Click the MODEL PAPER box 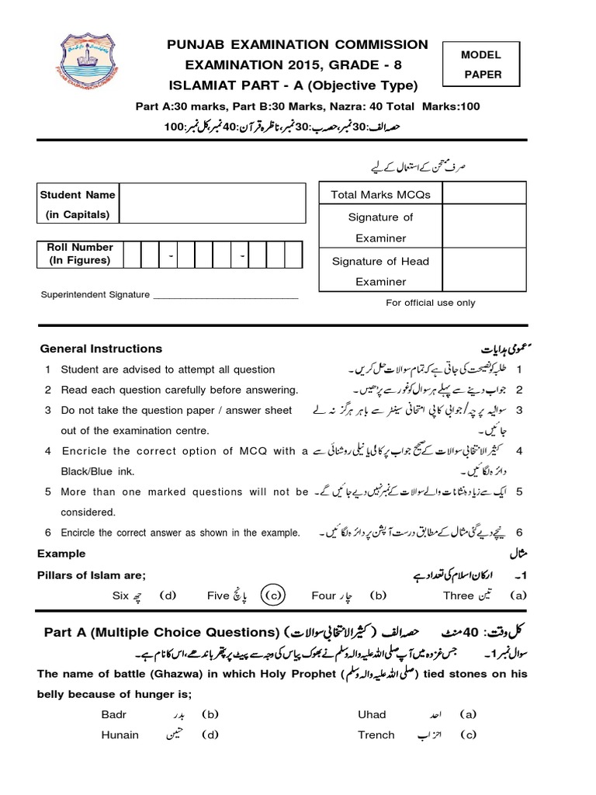tap(481, 65)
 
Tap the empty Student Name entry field tap(211, 204)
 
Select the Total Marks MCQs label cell tap(380, 194)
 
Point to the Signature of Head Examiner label tap(380, 271)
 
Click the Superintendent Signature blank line tap(226, 296)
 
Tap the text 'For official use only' tap(431, 303)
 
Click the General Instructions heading tap(101, 349)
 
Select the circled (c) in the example tap(272, 595)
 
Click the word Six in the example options tap(120, 595)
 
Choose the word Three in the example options tap(458, 595)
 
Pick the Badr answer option tap(113, 713)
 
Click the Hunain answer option tap(120, 734)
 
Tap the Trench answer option tap(376, 734)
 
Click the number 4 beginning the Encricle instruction tap(48, 451)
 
